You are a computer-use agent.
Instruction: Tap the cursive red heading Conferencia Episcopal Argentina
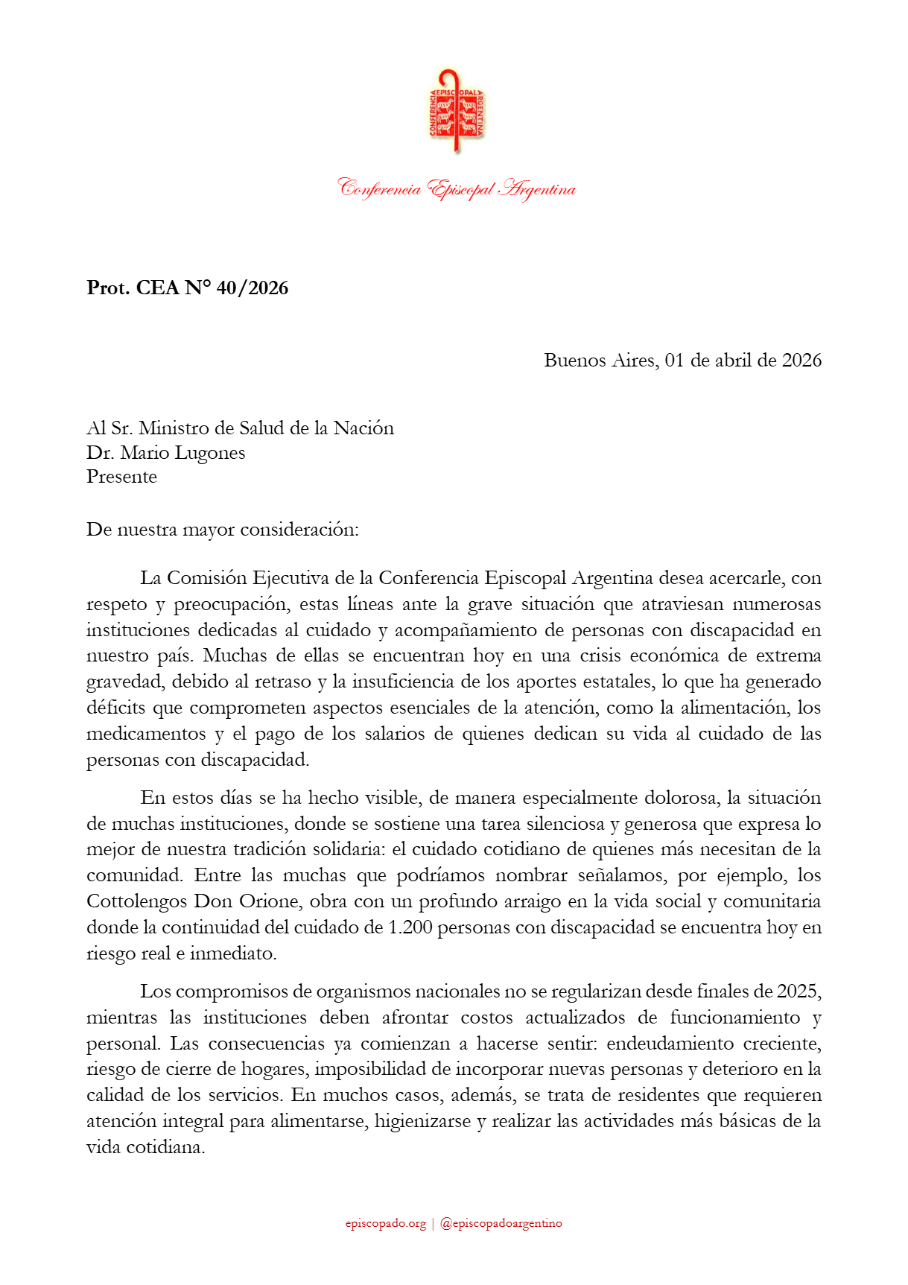(457, 188)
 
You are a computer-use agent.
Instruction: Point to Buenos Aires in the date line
(600, 361)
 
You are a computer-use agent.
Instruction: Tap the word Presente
(121, 477)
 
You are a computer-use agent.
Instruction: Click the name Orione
(270, 901)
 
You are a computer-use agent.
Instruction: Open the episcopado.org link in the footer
(385, 1223)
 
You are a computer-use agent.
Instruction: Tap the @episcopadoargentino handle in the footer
(501, 1223)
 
